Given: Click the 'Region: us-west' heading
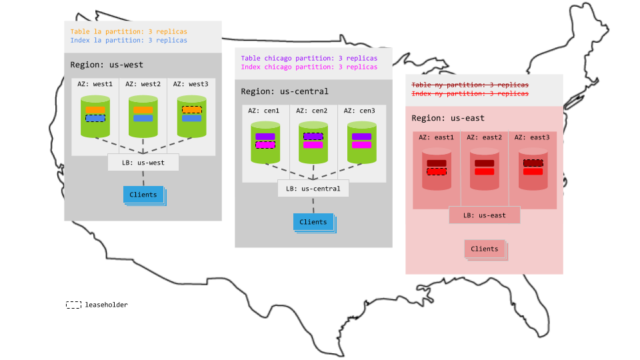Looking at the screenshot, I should click(x=107, y=65).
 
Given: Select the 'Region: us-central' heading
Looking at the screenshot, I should click(x=285, y=91).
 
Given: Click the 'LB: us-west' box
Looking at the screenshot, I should click(x=143, y=162).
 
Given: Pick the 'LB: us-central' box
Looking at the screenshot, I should click(x=313, y=189).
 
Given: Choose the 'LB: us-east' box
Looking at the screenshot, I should click(x=484, y=215).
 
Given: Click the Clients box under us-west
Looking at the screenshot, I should click(x=143, y=195).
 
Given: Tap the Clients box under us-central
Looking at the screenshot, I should click(x=313, y=222).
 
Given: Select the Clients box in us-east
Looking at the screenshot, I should click(x=484, y=249).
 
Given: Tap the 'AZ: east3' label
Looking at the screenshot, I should click(x=533, y=137).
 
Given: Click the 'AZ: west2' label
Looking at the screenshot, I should click(x=143, y=84).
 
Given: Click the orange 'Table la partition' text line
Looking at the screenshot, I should click(x=129, y=31).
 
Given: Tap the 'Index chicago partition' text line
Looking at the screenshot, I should click(x=309, y=67).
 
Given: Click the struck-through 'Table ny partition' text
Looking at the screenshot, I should click(x=470, y=85).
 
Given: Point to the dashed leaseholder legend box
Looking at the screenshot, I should click(x=73, y=305).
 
